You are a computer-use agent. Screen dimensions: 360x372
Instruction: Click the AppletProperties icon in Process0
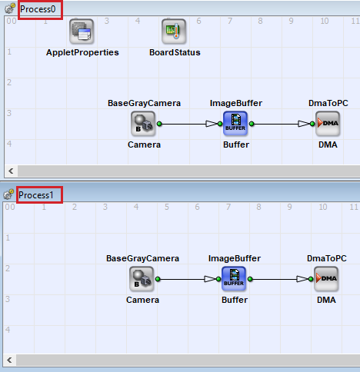82,32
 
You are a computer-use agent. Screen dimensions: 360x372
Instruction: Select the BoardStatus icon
174,32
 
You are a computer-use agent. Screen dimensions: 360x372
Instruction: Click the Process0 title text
38,9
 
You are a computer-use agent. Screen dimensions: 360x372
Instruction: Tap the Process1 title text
36,195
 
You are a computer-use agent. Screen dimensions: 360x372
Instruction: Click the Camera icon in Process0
143,124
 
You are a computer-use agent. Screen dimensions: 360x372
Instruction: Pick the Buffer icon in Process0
235,124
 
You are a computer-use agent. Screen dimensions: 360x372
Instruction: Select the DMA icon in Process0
328,124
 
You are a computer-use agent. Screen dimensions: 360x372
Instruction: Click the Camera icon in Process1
142,279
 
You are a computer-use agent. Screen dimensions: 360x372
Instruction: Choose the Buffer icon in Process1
234,279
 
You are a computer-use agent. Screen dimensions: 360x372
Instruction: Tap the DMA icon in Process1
326,279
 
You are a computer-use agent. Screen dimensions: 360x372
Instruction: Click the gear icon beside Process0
10,8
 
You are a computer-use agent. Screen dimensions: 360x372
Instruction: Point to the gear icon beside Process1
8,194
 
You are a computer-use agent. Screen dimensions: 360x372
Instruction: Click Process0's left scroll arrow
11,171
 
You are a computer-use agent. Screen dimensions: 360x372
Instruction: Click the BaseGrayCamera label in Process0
144,103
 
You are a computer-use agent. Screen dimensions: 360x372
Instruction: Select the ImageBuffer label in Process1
235,258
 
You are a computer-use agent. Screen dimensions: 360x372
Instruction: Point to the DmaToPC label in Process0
328,103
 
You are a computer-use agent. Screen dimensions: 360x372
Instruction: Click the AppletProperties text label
82,52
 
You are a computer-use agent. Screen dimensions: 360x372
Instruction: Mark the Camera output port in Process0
159,124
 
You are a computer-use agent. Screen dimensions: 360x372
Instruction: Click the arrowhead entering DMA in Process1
302,279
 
